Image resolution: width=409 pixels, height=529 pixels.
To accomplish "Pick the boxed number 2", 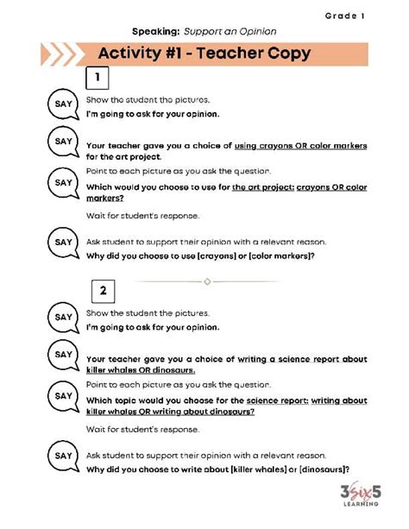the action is [x=102, y=290].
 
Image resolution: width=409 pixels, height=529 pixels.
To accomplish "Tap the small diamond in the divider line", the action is [x=206, y=281].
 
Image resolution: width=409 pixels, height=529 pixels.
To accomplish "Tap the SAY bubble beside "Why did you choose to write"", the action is [x=64, y=457].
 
